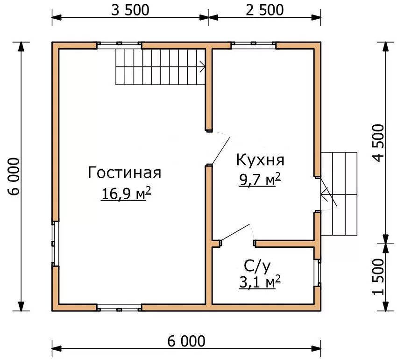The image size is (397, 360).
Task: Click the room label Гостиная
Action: (124, 173)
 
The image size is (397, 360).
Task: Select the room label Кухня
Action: (260, 160)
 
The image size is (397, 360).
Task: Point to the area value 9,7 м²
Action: (260, 179)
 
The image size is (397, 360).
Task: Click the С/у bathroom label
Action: (257, 266)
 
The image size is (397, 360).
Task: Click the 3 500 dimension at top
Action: (130, 10)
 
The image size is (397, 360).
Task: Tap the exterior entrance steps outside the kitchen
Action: (340, 194)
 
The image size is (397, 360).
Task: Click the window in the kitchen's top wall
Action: (254, 45)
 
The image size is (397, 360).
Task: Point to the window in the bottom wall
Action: (119, 307)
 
